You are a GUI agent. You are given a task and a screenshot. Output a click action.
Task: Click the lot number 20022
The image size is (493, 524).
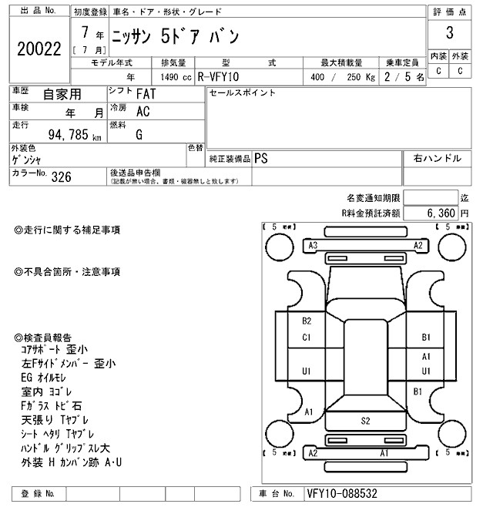click(39, 49)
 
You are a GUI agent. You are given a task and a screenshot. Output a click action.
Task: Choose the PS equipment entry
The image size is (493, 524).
click(261, 158)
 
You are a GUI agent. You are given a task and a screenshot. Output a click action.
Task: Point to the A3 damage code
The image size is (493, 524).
click(313, 245)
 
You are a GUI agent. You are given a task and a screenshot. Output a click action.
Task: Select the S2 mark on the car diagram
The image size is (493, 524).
click(367, 421)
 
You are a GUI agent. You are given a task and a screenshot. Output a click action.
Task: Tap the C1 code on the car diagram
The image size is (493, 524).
click(307, 337)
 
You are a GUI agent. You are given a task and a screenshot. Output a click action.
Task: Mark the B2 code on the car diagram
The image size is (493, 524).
click(307, 321)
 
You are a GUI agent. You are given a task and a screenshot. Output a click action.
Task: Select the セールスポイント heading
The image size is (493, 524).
click(242, 93)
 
